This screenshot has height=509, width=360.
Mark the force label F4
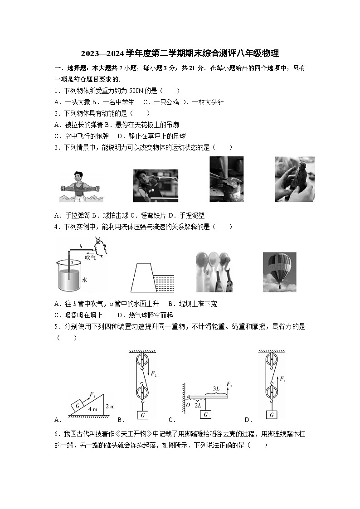(x=282, y=378)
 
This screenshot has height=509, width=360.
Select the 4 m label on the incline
(x=92, y=409)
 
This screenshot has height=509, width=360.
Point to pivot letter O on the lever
(x=188, y=405)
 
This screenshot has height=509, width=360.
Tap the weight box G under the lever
(x=206, y=414)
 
